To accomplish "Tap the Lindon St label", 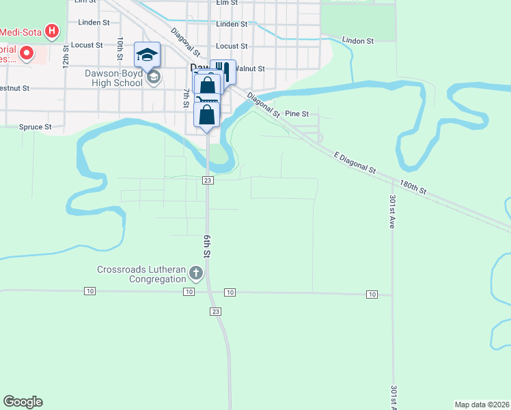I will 359,41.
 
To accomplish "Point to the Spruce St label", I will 35,127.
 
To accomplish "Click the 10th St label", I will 120,48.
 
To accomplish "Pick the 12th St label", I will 66,57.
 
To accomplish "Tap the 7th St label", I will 185,98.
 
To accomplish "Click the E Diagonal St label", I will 355,163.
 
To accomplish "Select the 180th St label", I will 413,188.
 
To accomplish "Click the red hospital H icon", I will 51,31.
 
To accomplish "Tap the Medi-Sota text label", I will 20,31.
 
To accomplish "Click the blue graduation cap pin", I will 147,54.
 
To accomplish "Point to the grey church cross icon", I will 196,274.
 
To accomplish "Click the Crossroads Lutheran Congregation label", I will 141,274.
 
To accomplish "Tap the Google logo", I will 23,402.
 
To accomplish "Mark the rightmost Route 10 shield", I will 371,295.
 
